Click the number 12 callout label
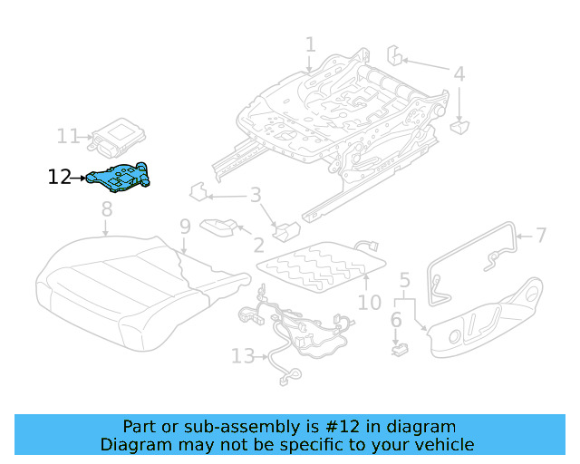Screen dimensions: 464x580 click(x=59, y=178)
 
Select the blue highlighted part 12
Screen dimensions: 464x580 click(x=121, y=178)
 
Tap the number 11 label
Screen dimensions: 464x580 click(x=69, y=137)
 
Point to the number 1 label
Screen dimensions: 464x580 click(x=311, y=44)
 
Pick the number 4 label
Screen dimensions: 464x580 click(x=459, y=74)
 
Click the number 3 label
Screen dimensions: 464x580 click(x=256, y=194)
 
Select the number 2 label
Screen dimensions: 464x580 click(x=259, y=245)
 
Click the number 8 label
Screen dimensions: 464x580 click(x=107, y=209)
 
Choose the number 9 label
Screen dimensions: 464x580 click(x=184, y=226)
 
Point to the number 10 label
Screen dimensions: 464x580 click(x=370, y=301)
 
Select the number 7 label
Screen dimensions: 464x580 click(x=541, y=237)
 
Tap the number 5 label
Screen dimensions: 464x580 click(x=405, y=280)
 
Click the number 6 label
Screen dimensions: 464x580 click(x=396, y=320)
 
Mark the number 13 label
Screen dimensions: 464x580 click(x=243, y=356)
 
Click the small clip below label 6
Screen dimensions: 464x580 click(x=397, y=345)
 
